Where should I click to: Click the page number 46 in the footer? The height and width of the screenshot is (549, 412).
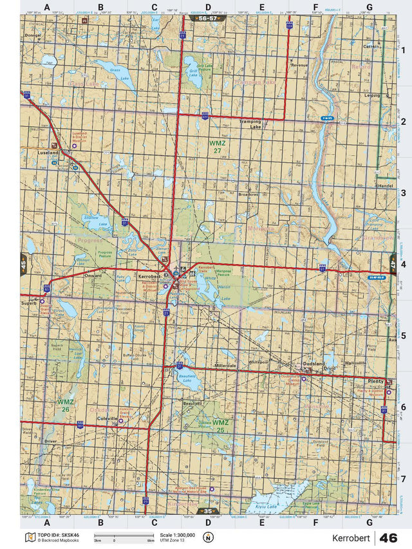pos(388,537)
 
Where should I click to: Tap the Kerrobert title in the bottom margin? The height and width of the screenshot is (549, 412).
pos(351,537)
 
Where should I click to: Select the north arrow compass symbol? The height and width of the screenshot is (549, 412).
pos(207,537)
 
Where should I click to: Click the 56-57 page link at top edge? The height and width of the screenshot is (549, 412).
pos(207,19)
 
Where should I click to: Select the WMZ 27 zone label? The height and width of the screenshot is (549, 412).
pos(216,145)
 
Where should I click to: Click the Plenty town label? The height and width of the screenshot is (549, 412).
pos(375,381)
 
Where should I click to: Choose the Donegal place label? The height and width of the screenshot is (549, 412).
pos(32,35)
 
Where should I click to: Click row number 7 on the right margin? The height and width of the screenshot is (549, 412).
pos(403,478)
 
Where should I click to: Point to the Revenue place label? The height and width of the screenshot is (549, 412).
pos(299,66)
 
